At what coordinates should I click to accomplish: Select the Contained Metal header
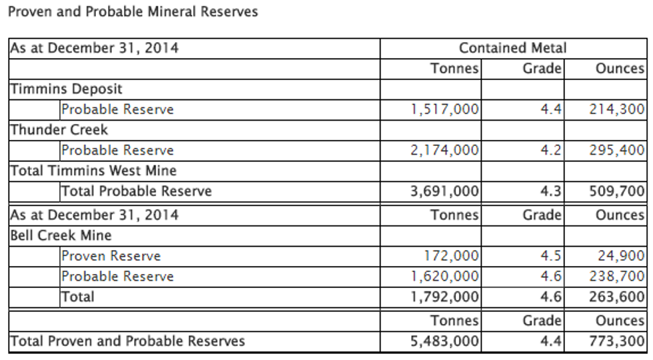pyautogui.click(x=512, y=48)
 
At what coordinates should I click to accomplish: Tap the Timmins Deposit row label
pyautogui.click(x=66, y=89)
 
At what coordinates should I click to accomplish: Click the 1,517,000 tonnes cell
pyautogui.click(x=445, y=109)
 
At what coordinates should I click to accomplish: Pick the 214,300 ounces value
pyautogui.click(x=617, y=109)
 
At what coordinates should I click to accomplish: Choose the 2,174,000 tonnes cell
pyautogui.click(x=445, y=150)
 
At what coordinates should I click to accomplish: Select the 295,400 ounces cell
pyautogui.click(x=617, y=150)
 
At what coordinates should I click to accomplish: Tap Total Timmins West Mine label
pyautogui.click(x=93, y=171)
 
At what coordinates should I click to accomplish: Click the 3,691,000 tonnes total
pyautogui.click(x=445, y=191)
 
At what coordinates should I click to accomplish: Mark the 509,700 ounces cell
pyautogui.click(x=617, y=191)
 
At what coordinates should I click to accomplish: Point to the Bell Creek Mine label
pyautogui.click(x=61, y=235)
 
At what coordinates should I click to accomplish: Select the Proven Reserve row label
pyautogui.click(x=111, y=256)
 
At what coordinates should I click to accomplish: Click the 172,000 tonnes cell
pyautogui.click(x=451, y=256)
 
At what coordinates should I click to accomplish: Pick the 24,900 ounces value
pyautogui.click(x=621, y=256)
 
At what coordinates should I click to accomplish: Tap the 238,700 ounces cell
pyautogui.click(x=617, y=276)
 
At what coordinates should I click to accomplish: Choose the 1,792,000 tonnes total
pyautogui.click(x=445, y=297)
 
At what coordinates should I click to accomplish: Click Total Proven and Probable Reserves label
pyautogui.click(x=127, y=341)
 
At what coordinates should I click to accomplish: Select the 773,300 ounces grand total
pyautogui.click(x=617, y=341)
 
